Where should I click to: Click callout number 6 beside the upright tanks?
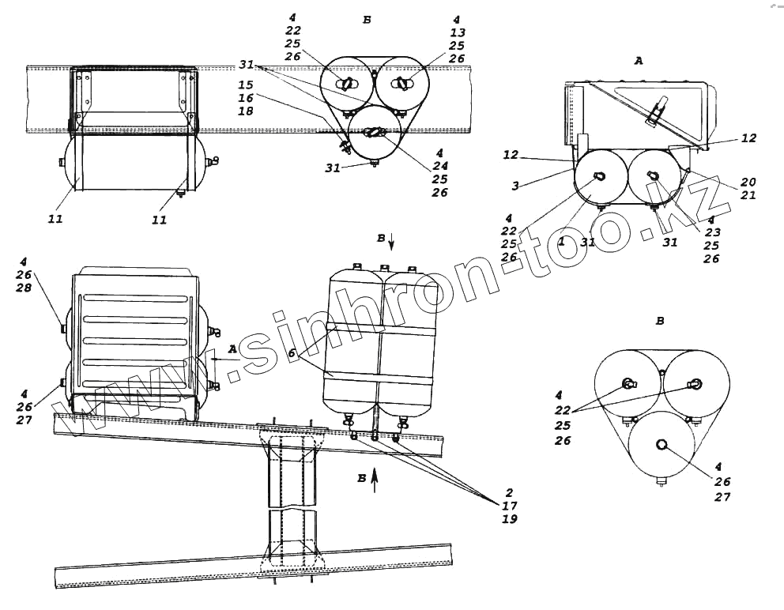coord(291,354)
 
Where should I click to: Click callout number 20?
coord(748,182)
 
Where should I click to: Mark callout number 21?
coord(748,195)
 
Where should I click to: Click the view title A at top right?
coord(639,60)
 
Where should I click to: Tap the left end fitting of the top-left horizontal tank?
coord(62,163)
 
